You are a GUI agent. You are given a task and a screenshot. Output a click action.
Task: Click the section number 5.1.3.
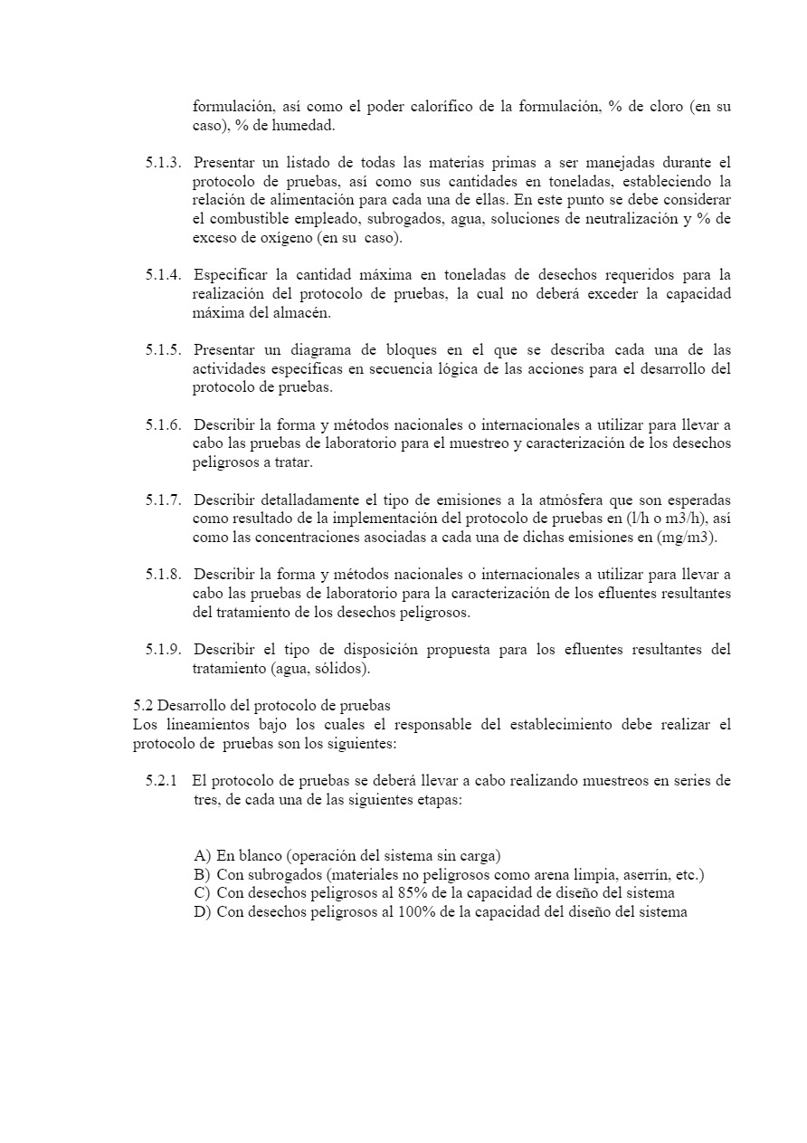point(164,163)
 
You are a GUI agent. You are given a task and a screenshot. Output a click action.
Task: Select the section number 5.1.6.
point(164,424)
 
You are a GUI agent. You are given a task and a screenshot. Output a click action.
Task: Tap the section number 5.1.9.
point(164,650)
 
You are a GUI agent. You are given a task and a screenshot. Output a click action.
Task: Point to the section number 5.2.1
point(162,781)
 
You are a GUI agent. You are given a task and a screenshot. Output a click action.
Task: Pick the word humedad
point(306,126)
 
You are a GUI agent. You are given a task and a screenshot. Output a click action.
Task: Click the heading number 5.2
point(142,706)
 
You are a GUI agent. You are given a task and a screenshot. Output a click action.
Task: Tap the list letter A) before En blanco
point(202,856)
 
